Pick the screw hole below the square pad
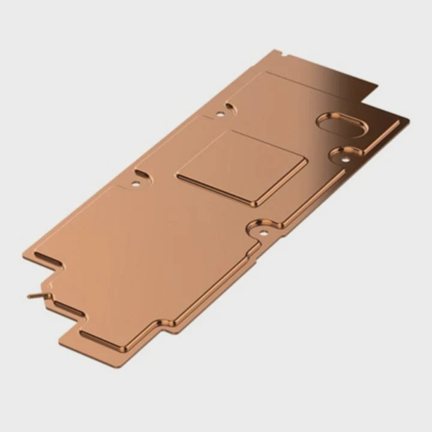(x=262, y=232)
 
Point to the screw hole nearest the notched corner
(x=220, y=113)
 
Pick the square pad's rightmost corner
(x=307, y=160)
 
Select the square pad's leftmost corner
(x=176, y=176)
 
